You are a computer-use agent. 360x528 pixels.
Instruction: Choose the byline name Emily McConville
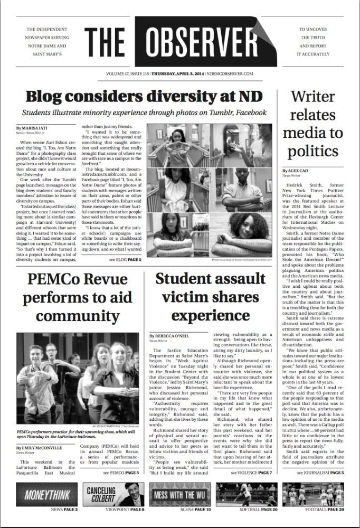pyautogui.click(x=41, y=448)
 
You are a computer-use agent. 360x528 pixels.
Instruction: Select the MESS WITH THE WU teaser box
pyautogui.click(x=180, y=495)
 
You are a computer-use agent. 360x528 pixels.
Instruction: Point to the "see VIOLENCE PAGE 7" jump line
pyautogui.click(x=251, y=472)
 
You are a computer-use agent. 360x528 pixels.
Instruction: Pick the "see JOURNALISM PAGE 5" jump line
pyautogui.click(x=320, y=472)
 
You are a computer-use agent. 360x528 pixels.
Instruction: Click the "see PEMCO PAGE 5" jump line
pyautogui.click(x=121, y=472)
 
